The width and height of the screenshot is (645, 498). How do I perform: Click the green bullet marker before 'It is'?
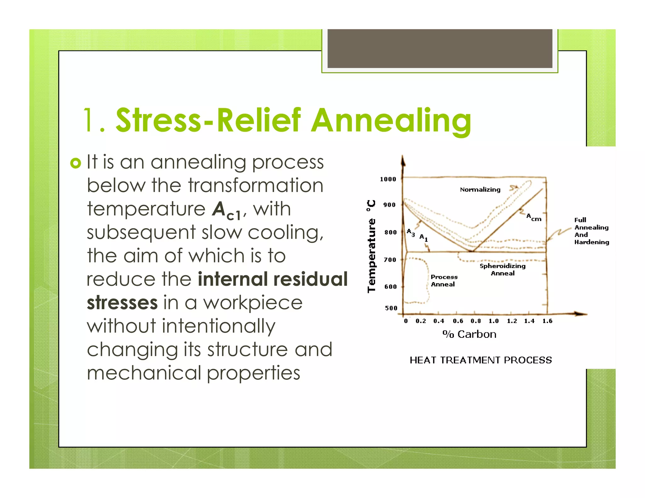(76, 163)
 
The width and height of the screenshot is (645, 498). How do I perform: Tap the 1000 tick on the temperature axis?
(388, 179)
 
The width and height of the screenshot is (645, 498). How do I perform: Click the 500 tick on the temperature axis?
(391, 308)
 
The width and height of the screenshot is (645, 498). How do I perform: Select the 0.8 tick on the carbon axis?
(476, 321)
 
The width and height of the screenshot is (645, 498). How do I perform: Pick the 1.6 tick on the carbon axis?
(547, 321)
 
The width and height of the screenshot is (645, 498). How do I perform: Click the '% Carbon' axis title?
(469, 334)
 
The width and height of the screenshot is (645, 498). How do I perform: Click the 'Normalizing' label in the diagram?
(480, 190)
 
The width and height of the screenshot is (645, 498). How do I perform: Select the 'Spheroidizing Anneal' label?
(503, 269)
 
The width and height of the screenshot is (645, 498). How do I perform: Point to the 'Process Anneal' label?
(444, 280)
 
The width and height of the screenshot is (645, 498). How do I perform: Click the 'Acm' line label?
(534, 217)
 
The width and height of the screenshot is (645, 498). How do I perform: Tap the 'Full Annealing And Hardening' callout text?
(591, 231)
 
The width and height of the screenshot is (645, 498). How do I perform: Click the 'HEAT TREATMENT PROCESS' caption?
(481, 360)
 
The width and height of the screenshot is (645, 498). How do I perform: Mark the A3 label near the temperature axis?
(411, 233)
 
